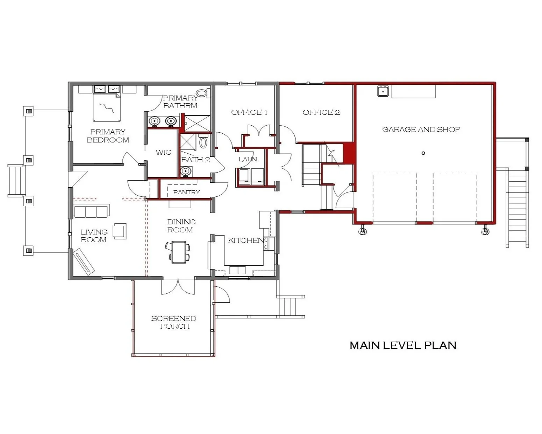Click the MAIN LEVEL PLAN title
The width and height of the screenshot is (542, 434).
click(x=403, y=345)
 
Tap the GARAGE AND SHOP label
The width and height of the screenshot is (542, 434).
click(x=421, y=129)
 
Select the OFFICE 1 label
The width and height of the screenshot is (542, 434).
click(x=249, y=112)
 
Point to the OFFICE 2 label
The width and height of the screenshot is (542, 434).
click(x=321, y=112)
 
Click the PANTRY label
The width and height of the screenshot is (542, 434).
click(x=186, y=192)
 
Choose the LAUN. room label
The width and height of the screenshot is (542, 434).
click(x=249, y=159)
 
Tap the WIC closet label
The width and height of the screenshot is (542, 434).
click(x=163, y=152)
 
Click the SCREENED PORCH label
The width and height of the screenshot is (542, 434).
click(x=174, y=322)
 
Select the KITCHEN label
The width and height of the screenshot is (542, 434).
click(x=246, y=240)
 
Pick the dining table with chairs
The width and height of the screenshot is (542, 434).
click(x=179, y=252)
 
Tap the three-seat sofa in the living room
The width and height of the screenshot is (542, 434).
click(x=92, y=212)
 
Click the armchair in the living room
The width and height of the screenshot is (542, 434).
click(x=119, y=231)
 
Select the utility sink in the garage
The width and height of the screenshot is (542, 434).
click(x=383, y=91)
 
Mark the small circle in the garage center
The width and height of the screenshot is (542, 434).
click(x=423, y=153)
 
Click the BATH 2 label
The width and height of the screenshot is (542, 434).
click(x=196, y=160)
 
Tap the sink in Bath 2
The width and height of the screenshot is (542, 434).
click(x=186, y=171)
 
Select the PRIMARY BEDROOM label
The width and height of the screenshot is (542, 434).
click(x=108, y=136)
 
